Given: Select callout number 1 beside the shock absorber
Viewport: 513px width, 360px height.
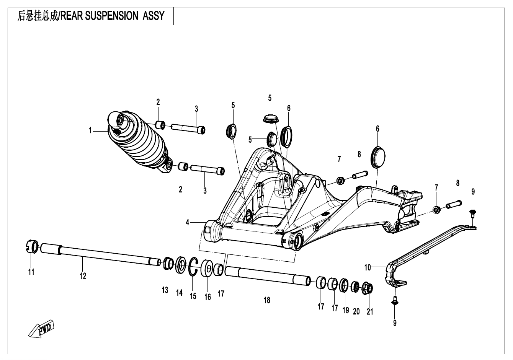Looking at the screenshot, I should coord(91,131).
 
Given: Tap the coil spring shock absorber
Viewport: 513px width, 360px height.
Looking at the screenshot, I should coord(140,142).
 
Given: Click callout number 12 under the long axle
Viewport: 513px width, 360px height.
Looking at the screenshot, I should coord(83,276).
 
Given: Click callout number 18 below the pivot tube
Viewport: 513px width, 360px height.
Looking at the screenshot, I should coord(267,300).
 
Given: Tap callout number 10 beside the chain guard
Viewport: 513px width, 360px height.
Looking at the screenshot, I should coord(367,267).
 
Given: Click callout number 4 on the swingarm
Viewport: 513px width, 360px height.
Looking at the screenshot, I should coord(188,222).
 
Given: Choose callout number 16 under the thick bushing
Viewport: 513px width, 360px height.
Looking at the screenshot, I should coord(207,297).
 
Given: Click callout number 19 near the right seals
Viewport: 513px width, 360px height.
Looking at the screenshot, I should coord(345,310).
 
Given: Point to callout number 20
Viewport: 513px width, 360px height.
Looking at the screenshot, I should coord(356,311).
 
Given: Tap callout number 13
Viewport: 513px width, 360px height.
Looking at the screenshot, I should coord(165,290).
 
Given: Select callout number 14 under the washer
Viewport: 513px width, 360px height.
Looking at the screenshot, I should coord(179,293).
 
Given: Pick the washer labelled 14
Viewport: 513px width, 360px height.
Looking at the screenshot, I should coord(180,266).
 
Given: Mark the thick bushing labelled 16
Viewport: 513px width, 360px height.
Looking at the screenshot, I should coord(207,268).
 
